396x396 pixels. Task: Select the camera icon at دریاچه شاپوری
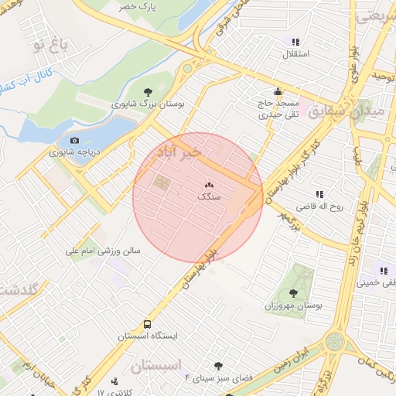click(x=74, y=140)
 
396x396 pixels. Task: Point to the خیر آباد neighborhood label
click(x=179, y=152)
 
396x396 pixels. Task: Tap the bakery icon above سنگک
click(x=209, y=186)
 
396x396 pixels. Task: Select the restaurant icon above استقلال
click(x=295, y=42)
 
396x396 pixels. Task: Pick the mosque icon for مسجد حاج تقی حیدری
click(x=278, y=92)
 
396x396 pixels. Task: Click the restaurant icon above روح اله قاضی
click(x=319, y=195)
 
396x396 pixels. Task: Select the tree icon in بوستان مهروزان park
click(x=293, y=292)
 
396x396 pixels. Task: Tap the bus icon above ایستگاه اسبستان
click(x=147, y=325)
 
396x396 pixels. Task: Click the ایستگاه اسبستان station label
click(x=148, y=337)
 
